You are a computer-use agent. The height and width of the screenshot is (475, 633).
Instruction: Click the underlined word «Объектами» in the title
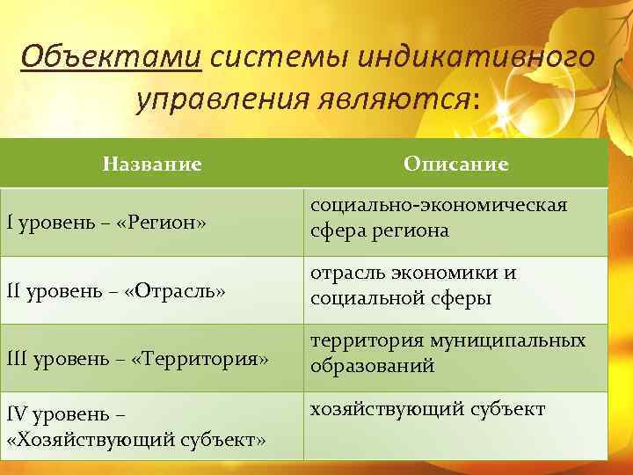[111, 58]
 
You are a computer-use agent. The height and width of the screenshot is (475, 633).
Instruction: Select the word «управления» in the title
[216, 99]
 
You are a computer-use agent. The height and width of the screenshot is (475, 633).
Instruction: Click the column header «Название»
[152, 164]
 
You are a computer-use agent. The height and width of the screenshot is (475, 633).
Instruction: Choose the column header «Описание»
[455, 164]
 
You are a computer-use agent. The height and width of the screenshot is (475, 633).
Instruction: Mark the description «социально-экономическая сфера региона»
[437, 217]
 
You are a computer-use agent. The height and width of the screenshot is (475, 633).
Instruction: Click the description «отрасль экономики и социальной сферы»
[412, 285]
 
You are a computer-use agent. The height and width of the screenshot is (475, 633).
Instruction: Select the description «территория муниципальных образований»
[447, 353]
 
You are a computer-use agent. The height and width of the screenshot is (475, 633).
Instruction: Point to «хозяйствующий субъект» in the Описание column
[426, 409]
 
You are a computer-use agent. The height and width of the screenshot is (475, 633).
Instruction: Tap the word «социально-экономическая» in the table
[437, 205]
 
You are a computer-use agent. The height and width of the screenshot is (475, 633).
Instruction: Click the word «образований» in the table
[372, 366]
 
